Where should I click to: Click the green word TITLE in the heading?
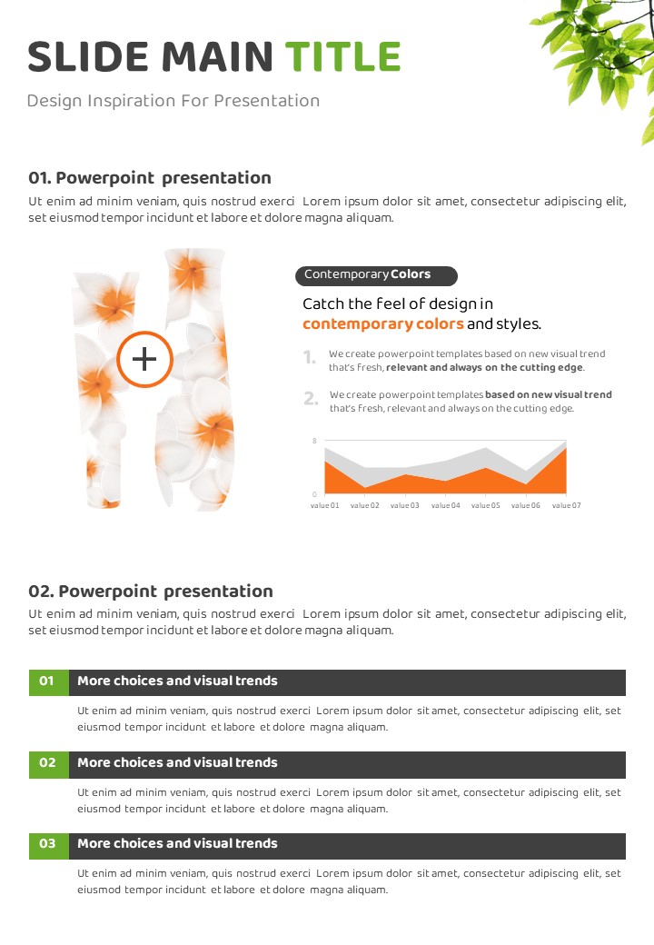[x=342, y=56]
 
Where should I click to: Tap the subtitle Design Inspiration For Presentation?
[x=173, y=101]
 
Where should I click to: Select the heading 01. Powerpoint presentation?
[x=150, y=178]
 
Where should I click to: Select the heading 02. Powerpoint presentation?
[x=151, y=592]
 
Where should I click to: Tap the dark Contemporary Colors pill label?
[x=376, y=275]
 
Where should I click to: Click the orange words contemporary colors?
[x=383, y=324]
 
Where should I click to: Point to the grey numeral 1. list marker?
[x=310, y=358]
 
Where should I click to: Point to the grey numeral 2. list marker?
[x=311, y=398]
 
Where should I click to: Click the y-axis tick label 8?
[x=314, y=441]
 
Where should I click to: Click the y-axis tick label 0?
[x=314, y=494]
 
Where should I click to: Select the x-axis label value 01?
[x=324, y=505]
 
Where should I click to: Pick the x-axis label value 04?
[x=446, y=505]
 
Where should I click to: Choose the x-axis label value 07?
[x=566, y=505]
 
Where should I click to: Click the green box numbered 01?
[x=49, y=682]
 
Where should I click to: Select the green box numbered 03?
[x=49, y=846]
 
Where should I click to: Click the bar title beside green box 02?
[x=178, y=762]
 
